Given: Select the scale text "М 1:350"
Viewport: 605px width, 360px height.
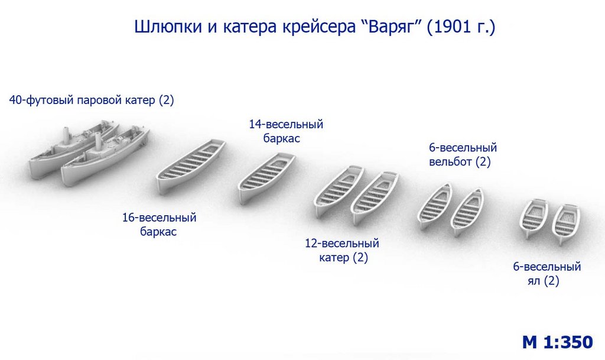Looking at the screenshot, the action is [558, 342].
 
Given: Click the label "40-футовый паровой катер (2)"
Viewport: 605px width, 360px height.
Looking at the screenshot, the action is [92, 100].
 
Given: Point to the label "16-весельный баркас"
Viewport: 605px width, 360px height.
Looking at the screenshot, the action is [159, 225].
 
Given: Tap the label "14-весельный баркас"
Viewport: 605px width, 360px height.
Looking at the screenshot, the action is [286, 131].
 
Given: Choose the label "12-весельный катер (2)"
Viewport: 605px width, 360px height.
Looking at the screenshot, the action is [342, 251].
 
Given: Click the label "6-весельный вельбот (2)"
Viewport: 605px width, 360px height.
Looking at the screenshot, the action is [463, 154].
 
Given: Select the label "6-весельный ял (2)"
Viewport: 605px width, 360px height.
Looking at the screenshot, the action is [547, 274].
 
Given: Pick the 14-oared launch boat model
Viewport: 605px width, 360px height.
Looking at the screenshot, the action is [266, 177].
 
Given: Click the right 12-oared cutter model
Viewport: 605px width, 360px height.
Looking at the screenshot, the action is [375, 197].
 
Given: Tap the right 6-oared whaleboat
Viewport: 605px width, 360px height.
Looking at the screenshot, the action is [467, 212].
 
